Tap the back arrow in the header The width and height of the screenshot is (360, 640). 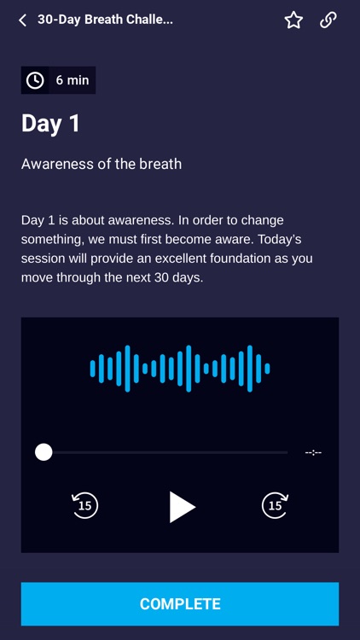click(x=22, y=20)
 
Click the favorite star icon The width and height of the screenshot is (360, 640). click(x=293, y=20)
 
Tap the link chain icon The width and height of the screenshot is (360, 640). click(x=328, y=20)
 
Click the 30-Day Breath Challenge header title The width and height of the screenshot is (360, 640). click(x=105, y=19)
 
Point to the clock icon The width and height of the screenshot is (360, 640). click(x=35, y=80)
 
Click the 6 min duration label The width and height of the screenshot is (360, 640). click(x=73, y=80)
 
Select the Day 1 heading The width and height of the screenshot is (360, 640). click(x=50, y=123)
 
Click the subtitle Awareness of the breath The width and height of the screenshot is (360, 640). click(x=102, y=163)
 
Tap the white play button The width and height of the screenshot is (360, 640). click(x=182, y=506)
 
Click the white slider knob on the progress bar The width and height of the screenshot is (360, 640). click(x=44, y=452)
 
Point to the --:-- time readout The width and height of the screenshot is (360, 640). click(x=313, y=452)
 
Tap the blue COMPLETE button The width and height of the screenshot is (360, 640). click(x=180, y=604)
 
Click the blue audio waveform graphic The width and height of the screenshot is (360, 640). click(x=180, y=369)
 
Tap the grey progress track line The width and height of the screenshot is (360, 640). click(x=171, y=452)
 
